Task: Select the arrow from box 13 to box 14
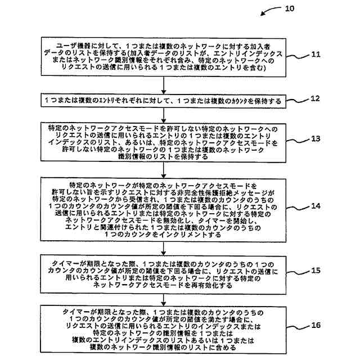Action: tap(163, 169)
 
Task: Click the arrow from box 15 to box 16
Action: tap(163, 298)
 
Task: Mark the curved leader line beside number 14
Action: tap(298, 209)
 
